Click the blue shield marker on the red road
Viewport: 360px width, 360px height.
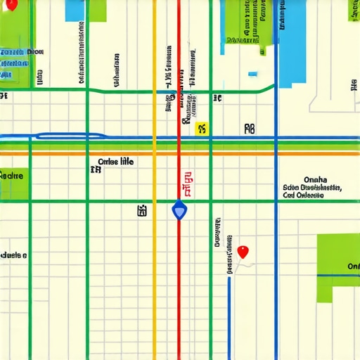(179, 210)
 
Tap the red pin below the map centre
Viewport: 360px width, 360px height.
(243, 251)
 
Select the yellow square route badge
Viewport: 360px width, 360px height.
(202, 128)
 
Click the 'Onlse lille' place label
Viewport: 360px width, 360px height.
(115, 162)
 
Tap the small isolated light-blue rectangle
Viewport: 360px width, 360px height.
(253, 73)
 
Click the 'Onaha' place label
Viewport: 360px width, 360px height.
(313, 179)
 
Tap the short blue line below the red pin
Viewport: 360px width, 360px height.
(229, 309)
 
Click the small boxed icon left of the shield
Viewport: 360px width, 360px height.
(142, 210)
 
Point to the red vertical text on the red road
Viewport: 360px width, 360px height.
(187, 184)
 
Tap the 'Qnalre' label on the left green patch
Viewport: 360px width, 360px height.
(12, 176)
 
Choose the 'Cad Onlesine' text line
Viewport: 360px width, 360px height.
(304, 197)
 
